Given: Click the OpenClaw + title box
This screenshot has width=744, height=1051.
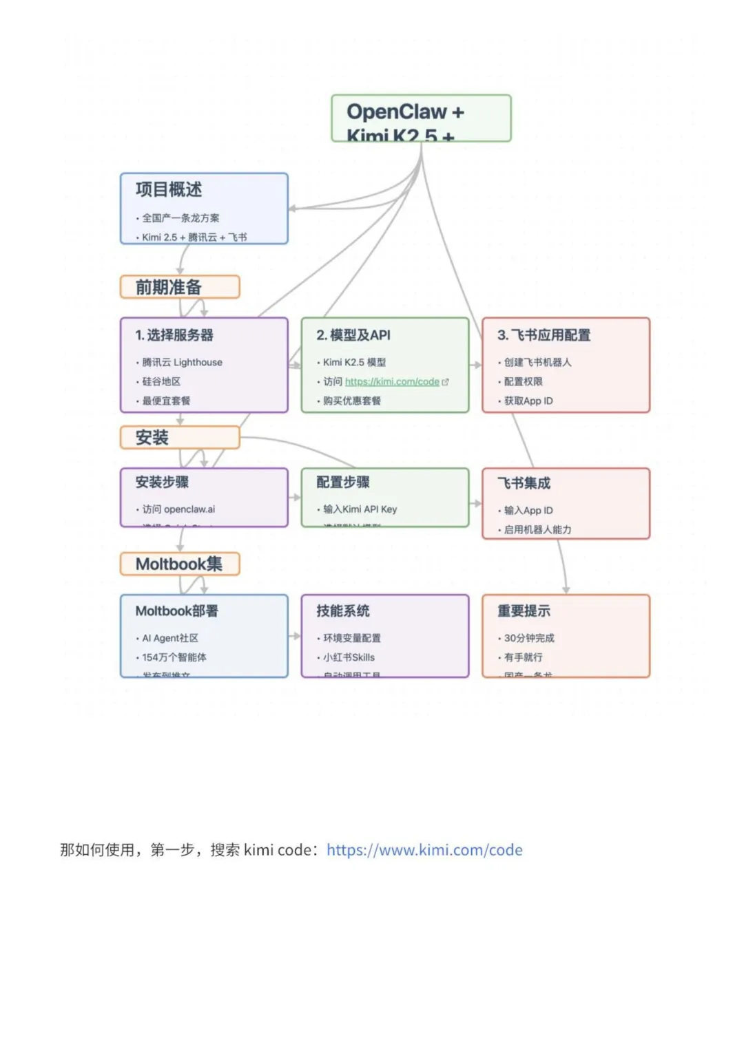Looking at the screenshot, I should [421, 118].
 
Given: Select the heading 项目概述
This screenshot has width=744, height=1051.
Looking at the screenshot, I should [169, 189].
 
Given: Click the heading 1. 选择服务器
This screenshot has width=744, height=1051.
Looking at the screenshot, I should [174, 335].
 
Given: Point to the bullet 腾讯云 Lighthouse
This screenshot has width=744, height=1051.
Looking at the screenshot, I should [182, 362].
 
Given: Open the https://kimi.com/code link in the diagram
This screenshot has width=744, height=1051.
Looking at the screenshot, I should [392, 381].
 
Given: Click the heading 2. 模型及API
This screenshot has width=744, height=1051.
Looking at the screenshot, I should [353, 335].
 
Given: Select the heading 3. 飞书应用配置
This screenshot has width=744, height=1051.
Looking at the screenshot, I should [544, 335].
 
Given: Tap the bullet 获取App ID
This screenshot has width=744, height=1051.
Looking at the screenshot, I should [528, 401].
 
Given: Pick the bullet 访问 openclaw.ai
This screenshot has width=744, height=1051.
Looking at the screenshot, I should [178, 509].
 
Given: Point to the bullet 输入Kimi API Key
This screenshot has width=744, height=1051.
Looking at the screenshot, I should [360, 509].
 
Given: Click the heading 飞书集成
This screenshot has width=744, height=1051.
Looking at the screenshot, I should [524, 483].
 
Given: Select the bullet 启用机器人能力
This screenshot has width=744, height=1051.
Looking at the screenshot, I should [537, 529].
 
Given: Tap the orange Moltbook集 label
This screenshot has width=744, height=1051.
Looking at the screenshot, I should [180, 564].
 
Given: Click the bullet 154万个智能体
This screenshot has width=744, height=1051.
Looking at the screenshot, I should [174, 657].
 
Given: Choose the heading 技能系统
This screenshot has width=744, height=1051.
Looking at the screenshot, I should [343, 611].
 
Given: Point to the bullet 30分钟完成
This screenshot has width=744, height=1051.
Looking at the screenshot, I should [529, 638].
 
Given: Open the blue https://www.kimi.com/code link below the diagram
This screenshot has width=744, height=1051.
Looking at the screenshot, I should [424, 850].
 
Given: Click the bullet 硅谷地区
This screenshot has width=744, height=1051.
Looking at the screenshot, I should [161, 381].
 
